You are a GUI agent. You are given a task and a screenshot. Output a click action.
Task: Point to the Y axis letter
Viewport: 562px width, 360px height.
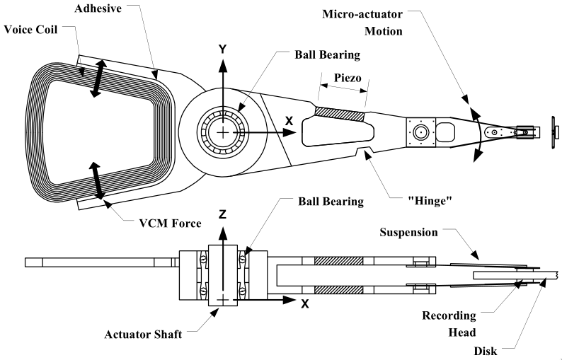coord(222,50)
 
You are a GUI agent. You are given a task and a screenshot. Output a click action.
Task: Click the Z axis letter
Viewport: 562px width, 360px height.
coord(223,214)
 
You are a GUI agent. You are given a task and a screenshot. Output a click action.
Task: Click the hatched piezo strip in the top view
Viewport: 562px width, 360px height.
coord(340,112)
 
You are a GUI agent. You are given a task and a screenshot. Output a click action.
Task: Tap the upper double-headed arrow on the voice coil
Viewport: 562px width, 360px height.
coord(98,77)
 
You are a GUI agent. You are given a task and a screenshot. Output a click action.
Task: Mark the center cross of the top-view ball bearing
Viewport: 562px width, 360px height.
coord(224,132)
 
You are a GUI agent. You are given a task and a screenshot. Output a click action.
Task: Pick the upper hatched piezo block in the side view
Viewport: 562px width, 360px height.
coord(340,260)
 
